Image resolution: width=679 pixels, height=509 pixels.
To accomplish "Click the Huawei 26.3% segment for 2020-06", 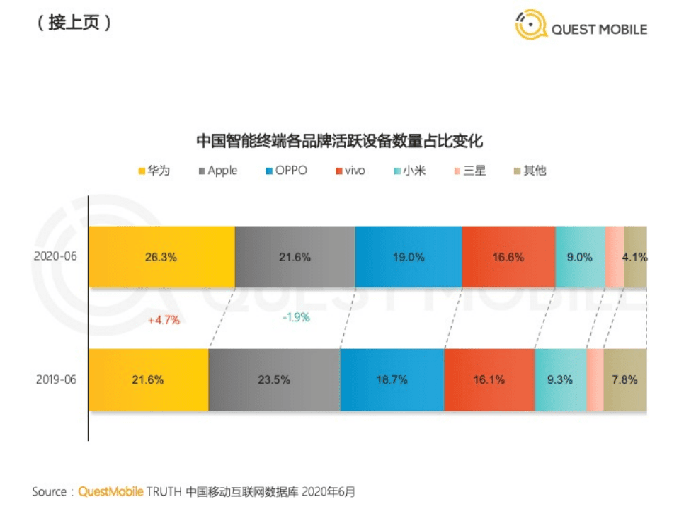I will [161, 258].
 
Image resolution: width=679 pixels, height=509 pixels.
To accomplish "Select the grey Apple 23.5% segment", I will [274, 379].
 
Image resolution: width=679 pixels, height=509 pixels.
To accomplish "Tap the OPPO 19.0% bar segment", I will [409, 258].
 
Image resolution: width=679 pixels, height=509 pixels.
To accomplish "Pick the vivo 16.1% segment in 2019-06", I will [489, 379].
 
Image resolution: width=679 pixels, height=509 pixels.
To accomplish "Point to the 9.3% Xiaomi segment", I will [561, 379].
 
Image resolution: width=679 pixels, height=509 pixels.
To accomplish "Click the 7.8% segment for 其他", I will [624, 379].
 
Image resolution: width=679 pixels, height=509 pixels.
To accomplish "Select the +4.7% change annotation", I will [164, 320].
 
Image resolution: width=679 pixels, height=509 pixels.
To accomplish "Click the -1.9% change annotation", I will [296, 318].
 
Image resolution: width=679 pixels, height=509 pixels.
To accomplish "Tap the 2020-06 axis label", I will [55, 257].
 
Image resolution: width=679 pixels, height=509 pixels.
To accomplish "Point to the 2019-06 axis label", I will [55, 379].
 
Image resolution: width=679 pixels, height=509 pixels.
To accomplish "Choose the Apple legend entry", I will [218, 171].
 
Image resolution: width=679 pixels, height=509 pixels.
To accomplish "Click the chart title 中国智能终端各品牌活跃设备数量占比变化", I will [339, 141].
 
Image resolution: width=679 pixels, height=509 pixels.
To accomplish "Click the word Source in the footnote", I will [50, 491].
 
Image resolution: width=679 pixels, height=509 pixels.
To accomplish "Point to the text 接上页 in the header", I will [72, 23].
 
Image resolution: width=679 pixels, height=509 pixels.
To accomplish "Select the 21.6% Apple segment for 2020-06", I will [295, 258].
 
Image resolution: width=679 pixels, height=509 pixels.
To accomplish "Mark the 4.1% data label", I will [634, 258].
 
